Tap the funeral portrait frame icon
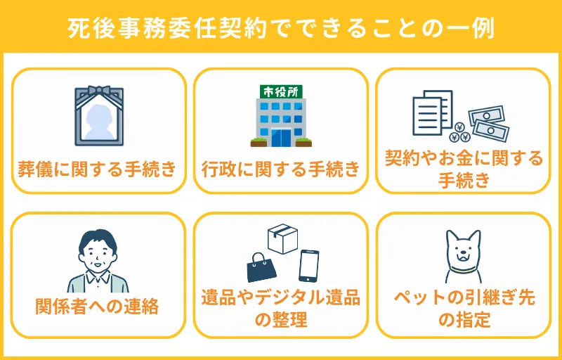[99, 117]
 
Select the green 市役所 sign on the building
[278, 91]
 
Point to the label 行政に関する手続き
[280, 169]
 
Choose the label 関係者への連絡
[97, 307]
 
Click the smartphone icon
[310, 266]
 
